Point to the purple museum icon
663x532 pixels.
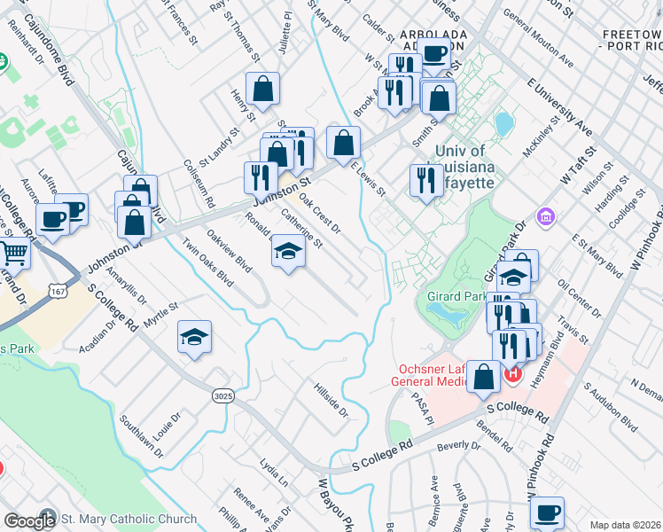(x=545, y=215)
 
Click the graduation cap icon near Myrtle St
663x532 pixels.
(x=194, y=337)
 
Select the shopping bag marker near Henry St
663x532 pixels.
(x=263, y=89)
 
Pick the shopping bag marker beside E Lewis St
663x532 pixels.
(x=343, y=141)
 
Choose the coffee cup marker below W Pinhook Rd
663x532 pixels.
(x=547, y=512)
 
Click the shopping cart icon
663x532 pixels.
(x=13, y=254)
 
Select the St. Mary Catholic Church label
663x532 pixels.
(x=129, y=519)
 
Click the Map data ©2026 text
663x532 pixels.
(x=626, y=525)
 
